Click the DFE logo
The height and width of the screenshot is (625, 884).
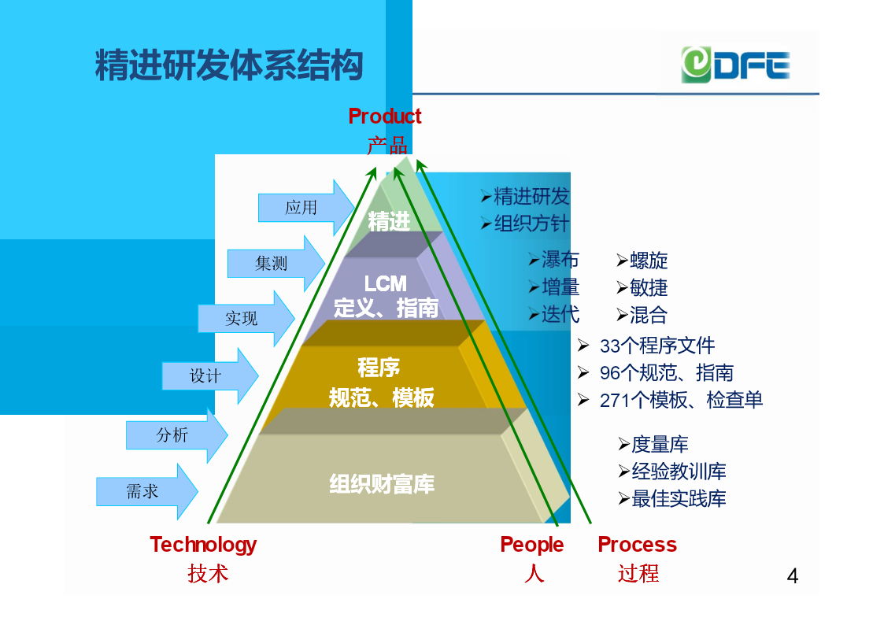(735, 65)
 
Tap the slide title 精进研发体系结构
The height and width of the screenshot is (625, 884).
(229, 65)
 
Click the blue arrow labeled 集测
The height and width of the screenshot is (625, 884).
(276, 263)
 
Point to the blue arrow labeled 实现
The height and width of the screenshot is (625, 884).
(246, 319)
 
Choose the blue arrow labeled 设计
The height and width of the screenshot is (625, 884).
(210, 376)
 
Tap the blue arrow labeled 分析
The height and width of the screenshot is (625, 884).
(176, 435)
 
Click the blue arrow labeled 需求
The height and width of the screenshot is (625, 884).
(146, 491)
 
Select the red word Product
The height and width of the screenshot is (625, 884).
(384, 116)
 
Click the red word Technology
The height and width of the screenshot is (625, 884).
(203, 545)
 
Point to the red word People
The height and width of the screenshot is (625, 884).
(531, 545)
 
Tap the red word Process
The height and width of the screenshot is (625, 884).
(637, 545)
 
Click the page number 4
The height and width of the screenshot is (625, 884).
(792, 576)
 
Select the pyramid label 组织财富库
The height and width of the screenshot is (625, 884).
(382, 484)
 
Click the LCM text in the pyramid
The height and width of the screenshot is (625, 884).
(385, 283)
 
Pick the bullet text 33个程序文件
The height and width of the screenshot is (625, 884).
(657, 346)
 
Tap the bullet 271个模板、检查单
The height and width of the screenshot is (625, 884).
(680, 400)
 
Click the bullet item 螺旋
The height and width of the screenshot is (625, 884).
(649, 261)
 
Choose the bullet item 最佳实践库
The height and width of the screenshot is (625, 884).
(679, 499)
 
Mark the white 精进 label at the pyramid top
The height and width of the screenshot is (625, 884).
(388, 221)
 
